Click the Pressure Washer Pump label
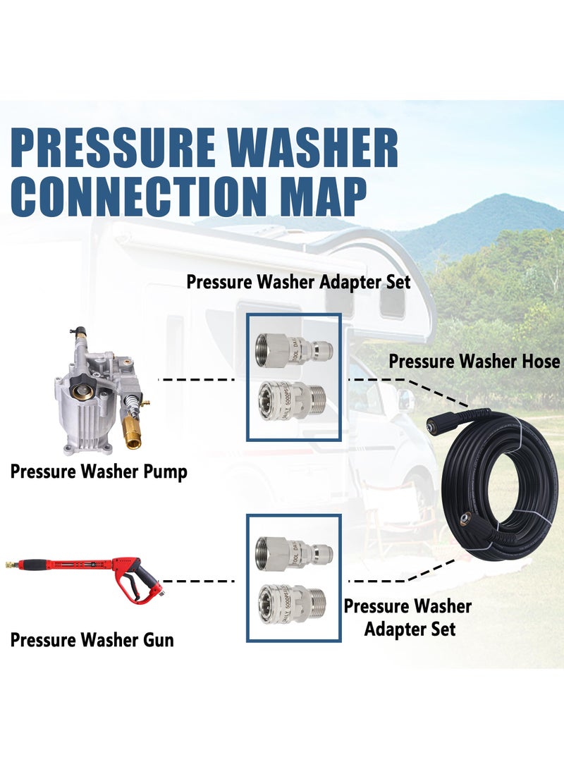(x=99, y=472)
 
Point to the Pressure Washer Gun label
(x=92, y=640)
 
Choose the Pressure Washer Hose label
(x=474, y=362)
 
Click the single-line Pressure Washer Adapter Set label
(x=298, y=282)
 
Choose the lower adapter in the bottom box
(x=292, y=601)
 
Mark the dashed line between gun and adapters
(x=198, y=582)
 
